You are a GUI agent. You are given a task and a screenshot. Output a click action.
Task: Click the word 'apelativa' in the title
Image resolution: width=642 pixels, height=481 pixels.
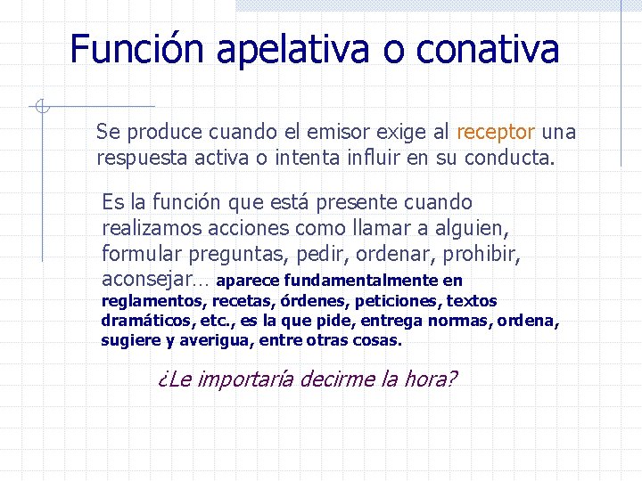pyautogui.click(x=296, y=50)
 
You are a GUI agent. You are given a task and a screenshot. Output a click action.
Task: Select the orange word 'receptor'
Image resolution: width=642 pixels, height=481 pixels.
pyautogui.click(x=496, y=133)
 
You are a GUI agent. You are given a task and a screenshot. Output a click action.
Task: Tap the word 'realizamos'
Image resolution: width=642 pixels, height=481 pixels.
pyautogui.click(x=148, y=229)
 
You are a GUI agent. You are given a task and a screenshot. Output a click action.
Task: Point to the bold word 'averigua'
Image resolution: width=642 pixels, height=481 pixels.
pyautogui.click(x=215, y=340)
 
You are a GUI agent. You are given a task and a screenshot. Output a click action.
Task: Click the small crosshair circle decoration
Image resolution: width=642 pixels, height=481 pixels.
pyautogui.click(x=41, y=107)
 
